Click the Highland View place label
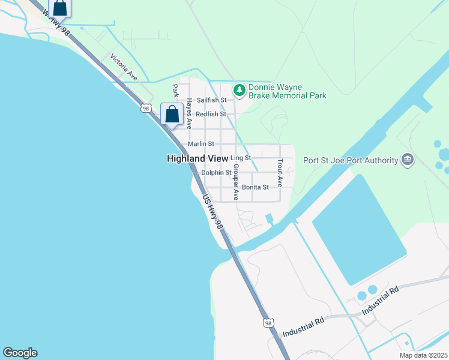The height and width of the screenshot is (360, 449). click(196, 158)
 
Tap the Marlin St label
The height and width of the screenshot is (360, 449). click(200, 144)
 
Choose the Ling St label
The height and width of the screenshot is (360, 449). click(240, 158)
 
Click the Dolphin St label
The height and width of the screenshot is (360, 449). click(216, 172)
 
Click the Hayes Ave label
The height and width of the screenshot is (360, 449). click(188, 114)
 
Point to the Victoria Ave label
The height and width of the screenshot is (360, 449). click(124, 67)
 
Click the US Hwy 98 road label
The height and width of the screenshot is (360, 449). click(212, 211)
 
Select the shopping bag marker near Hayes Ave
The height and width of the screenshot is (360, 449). click(172, 115)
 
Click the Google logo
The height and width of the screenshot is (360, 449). click(20, 353)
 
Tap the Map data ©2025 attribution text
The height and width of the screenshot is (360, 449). click(423, 355)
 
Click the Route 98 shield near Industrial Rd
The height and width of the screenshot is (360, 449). click(268, 323)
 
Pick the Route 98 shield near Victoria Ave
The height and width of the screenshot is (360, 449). click(146, 108)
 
